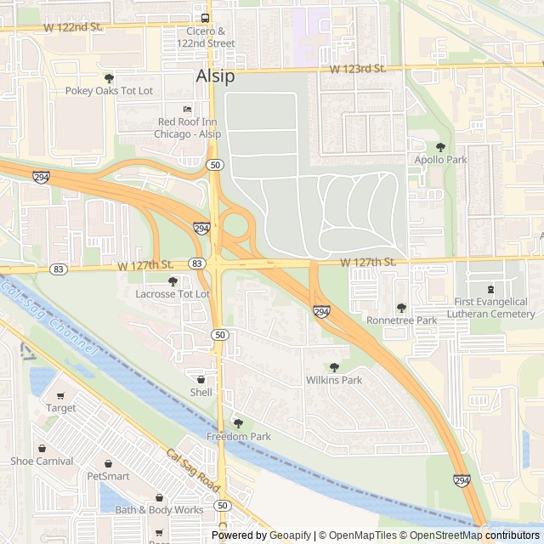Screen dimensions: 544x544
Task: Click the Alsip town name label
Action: click(x=216, y=76)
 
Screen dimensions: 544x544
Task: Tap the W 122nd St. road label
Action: click(x=73, y=27)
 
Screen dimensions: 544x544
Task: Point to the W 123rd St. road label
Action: click(x=358, y=68)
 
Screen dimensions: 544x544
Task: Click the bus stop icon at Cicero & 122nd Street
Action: click(x=205, y=18)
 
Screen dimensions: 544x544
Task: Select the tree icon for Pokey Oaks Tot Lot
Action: click(x=109, y=77)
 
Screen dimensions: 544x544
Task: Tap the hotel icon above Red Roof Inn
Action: click(x=188, y=110)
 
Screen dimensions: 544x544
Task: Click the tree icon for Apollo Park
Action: click(x=440, y=147)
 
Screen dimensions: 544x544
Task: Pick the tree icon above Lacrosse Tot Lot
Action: click(x=173, y=281)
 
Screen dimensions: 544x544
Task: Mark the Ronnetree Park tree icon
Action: click(x=401, y=308)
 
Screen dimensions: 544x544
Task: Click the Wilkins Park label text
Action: click(x=334, y=380)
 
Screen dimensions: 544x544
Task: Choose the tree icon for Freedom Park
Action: click(x=238, y=423)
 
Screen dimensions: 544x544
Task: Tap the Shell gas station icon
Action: click(x=201, y=379)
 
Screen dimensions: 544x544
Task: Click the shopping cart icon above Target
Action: click(x=60, y=395)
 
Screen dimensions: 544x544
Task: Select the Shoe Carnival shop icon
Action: click(x=42, y=448)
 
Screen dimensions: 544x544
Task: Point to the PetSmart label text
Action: click(x=108, y=476)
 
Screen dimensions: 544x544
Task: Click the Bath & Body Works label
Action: click(x=159, y=510)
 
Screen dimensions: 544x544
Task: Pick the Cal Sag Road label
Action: click(x=194, y=471)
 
